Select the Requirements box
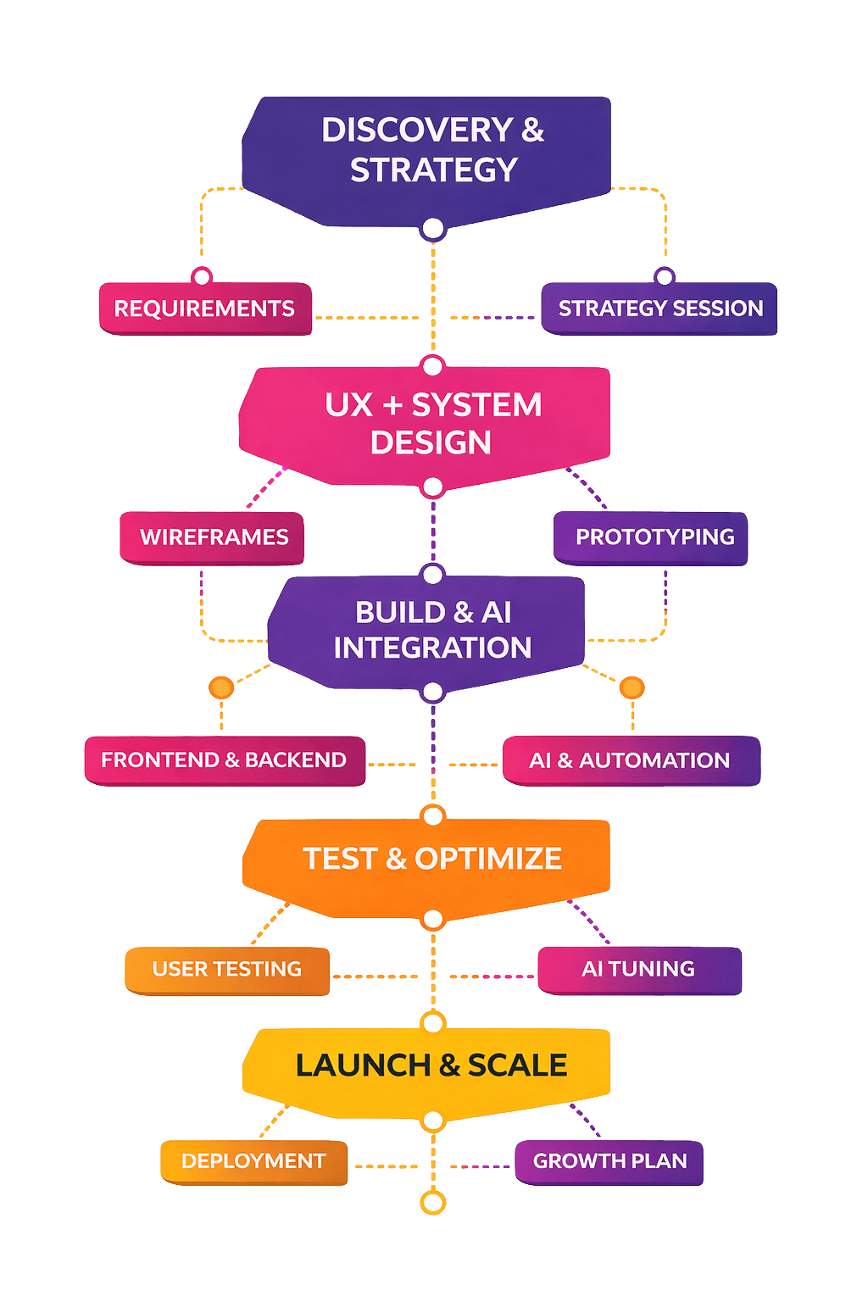205,309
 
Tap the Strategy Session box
659,309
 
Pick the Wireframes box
213,537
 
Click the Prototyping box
651,537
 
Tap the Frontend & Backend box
225,760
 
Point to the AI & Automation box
631,760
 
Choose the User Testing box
227,970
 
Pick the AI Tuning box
639,970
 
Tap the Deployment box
253,1161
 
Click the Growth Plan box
609,1161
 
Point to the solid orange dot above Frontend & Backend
221,687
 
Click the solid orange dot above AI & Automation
632,687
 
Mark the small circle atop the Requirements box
202,276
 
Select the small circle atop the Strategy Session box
665,276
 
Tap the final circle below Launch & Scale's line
433,1202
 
